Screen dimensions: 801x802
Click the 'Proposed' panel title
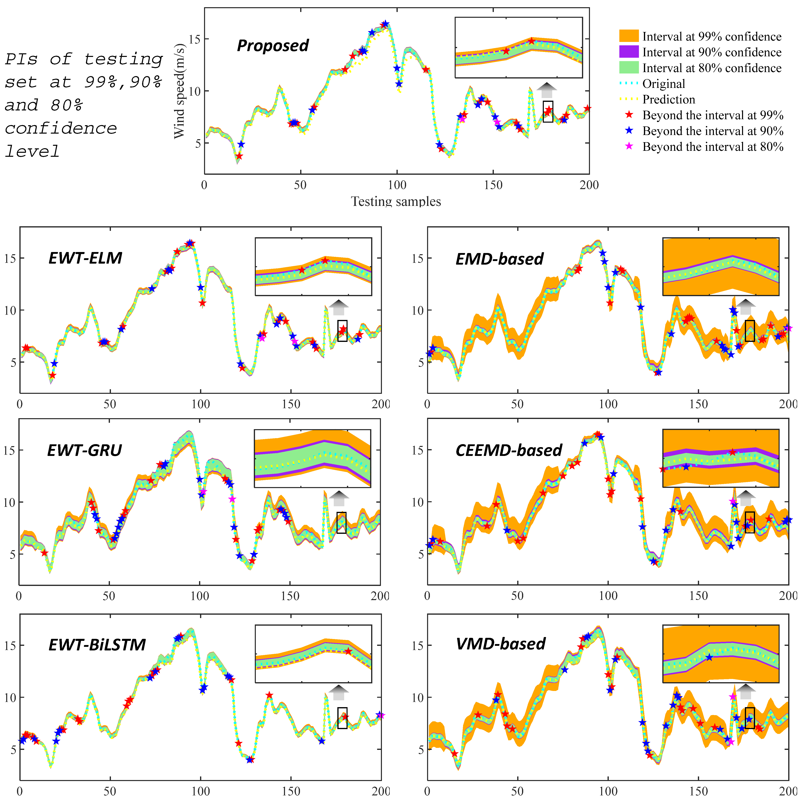click(x=273, y=45)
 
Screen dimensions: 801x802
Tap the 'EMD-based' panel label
click(x=499, y=259)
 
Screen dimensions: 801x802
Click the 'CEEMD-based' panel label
click(x=508, y=450)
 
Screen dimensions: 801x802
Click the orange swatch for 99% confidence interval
click(x=629, y=36)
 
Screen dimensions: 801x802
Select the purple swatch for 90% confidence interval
click(x=629, y=52)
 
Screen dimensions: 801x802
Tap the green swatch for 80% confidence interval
click(x=629, y=68)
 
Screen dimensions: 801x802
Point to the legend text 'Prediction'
click(x=668, y=100)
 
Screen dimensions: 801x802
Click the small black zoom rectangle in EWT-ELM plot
click(x=342, y=331)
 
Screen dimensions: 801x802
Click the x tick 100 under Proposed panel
click(x=397, y=185)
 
